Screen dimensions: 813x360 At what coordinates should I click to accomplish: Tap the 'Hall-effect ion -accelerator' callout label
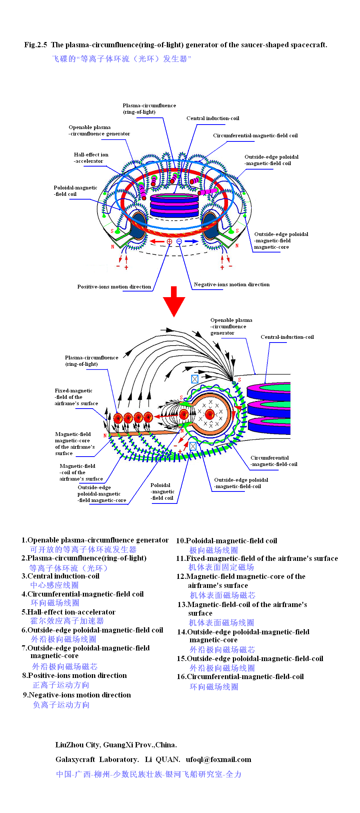click(x=91, y=158)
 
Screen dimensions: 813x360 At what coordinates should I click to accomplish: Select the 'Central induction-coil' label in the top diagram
click(x=213, y=118)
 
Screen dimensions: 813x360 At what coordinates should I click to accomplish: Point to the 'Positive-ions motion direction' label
click(x=114, y=287)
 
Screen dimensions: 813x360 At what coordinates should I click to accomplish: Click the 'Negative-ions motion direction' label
click(x=231, y=284)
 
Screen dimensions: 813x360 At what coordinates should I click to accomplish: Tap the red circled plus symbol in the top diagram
click(x=169, y=242)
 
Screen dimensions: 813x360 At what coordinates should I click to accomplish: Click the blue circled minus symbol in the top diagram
click(x=179, y=241)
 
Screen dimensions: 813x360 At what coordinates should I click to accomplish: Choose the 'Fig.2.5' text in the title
click(x=36, y=45)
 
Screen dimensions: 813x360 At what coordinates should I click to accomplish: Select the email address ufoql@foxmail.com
click(x=218, y=759)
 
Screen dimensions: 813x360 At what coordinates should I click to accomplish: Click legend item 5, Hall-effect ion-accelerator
click(x=69, y=612)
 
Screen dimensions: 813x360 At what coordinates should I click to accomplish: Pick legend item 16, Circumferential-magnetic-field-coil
click(x=240, y=676)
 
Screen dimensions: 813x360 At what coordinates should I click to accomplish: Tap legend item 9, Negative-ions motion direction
click(x=77, y=695)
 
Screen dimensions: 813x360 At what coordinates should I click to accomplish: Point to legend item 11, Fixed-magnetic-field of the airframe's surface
click(x=257, y=558)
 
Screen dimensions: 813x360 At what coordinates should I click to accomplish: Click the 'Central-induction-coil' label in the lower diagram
click(x=287, y=337)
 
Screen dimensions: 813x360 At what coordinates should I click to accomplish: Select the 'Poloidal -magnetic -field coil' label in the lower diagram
click(x=162, y=491)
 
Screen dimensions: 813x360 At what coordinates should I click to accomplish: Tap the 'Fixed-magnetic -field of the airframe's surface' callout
click(x=76, y=397)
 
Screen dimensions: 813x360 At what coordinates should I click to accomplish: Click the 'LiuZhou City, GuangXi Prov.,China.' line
click(x=116, y=745)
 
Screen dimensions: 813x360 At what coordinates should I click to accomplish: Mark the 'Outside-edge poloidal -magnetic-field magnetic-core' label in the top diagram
click(x=281, y=240)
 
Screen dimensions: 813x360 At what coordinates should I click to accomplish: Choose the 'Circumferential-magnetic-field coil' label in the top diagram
click(x=255, y=135)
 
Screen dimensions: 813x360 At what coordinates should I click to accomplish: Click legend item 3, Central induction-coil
click(x=61, y=576)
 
